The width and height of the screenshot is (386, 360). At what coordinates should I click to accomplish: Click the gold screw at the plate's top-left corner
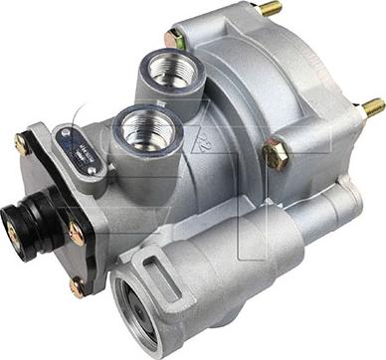coord(21,144)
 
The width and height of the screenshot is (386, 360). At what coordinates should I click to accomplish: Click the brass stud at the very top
coord(271,9)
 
